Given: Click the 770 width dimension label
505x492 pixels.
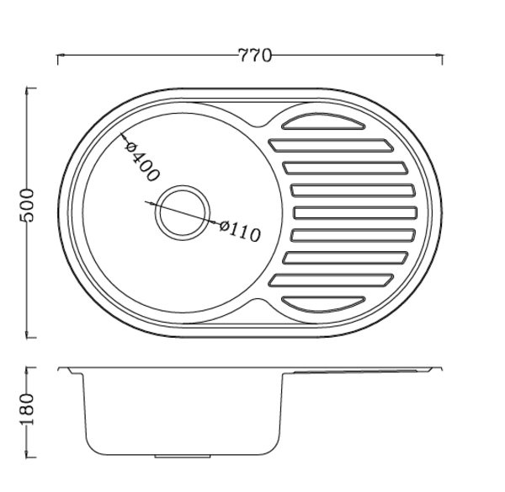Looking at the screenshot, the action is [255, 56].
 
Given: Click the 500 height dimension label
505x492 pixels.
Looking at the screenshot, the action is [26, 206].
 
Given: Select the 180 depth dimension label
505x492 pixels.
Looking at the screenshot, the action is [26, 409].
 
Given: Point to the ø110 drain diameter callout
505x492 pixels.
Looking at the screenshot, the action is [240, 231].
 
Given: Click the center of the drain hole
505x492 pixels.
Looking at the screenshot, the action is [183, 213].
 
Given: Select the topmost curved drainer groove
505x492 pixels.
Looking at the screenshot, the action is [323, 121].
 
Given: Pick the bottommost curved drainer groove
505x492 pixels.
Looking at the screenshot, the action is [323, 304].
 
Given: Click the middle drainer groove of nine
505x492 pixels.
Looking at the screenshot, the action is [355, 213].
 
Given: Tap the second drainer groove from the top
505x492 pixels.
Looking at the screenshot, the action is [331, 146].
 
